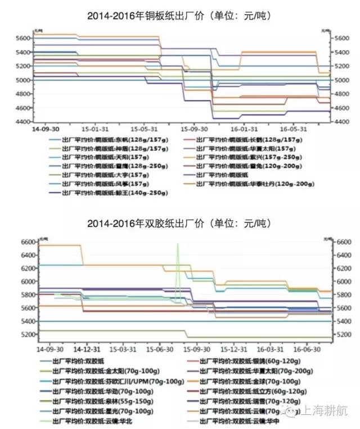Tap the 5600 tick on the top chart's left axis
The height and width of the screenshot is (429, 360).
(x=23, y=38)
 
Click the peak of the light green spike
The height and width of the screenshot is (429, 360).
(x=178, y=243)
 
